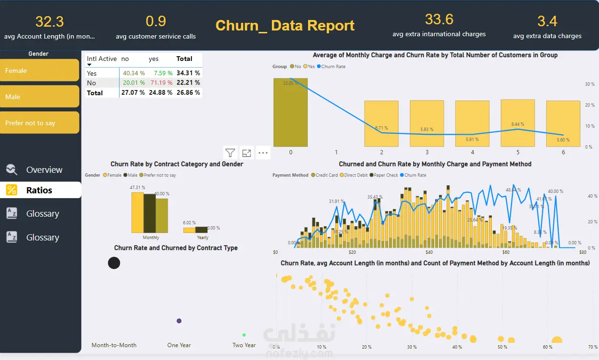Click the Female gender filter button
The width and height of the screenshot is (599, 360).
pyautogui.click(x=40, y=70)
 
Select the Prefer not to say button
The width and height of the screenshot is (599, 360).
pyautogui.click(x=40, y=123)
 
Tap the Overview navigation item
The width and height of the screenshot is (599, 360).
pyautogui.click(x=44, y=170)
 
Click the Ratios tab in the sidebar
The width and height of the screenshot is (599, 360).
pyautogui.click(x=39, y=190)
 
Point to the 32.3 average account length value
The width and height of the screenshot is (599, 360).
pyautogui.click(x=50, y=22)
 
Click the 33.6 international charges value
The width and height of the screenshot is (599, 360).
pyautogui.click(x=439, y=20)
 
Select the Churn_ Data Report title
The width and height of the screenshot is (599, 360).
pyautogui.click(x=285, y=25)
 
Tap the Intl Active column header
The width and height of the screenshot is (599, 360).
pyautogui.click(x=101, y=59)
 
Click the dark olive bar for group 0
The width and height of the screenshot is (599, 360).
pyautogui.click(x=290, y=112)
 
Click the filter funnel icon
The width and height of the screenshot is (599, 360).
pyautogui.click(x=230, y=153)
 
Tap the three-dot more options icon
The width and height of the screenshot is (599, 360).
pyautogui.click(x=263, y=153)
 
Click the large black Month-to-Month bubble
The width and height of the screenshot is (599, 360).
pyautogui.click(x=114, y=262)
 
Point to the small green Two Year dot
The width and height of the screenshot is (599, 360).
pyautogui.click(x=244, y=335)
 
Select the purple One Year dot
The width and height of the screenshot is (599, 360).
pyautogui.click(x=179, y=321)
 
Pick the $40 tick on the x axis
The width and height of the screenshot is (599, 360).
pyautogui.click(x=429, y=252)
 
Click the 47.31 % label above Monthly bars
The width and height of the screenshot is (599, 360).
pyautogui.click(x=137, y=188)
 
